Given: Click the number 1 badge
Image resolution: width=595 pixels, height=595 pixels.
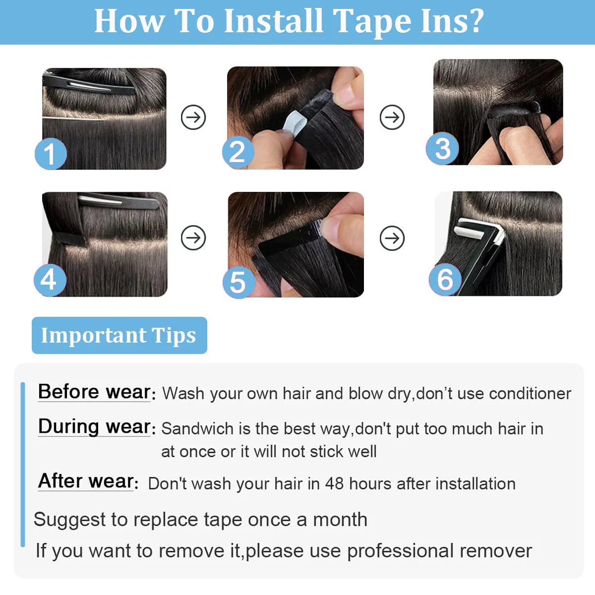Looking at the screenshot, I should [x=50, y=154].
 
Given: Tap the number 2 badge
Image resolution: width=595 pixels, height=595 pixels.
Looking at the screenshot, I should [x=238, y=152].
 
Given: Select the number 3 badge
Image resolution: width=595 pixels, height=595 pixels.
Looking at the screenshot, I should [x=442, y=149].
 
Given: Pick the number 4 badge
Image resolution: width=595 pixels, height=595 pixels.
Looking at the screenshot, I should [x=50, y=280].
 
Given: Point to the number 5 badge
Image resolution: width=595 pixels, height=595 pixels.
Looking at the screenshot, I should [x=238, y=282].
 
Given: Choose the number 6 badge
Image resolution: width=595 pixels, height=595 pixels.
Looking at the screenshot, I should [x=445, y=279].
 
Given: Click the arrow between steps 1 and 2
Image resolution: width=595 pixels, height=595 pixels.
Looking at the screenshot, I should [x=193, y=118].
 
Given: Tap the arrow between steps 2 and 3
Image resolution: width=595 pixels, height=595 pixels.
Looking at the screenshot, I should [x=392, y=118].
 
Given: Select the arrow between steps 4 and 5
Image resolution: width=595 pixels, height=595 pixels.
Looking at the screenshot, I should [x=193, y=238].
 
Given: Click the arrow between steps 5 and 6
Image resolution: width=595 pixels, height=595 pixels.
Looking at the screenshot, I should [x=392, y=238].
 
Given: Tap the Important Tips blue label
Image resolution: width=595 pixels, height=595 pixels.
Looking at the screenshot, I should [x=119, y=335].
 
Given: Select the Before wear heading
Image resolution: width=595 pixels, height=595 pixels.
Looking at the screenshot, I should [x=95, y=392].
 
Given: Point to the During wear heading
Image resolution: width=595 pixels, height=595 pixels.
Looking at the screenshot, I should [x=95, y=426].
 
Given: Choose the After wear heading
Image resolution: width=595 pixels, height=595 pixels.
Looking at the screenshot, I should [x=87, y=481].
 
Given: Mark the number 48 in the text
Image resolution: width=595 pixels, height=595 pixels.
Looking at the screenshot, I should [x=334, y=483].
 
